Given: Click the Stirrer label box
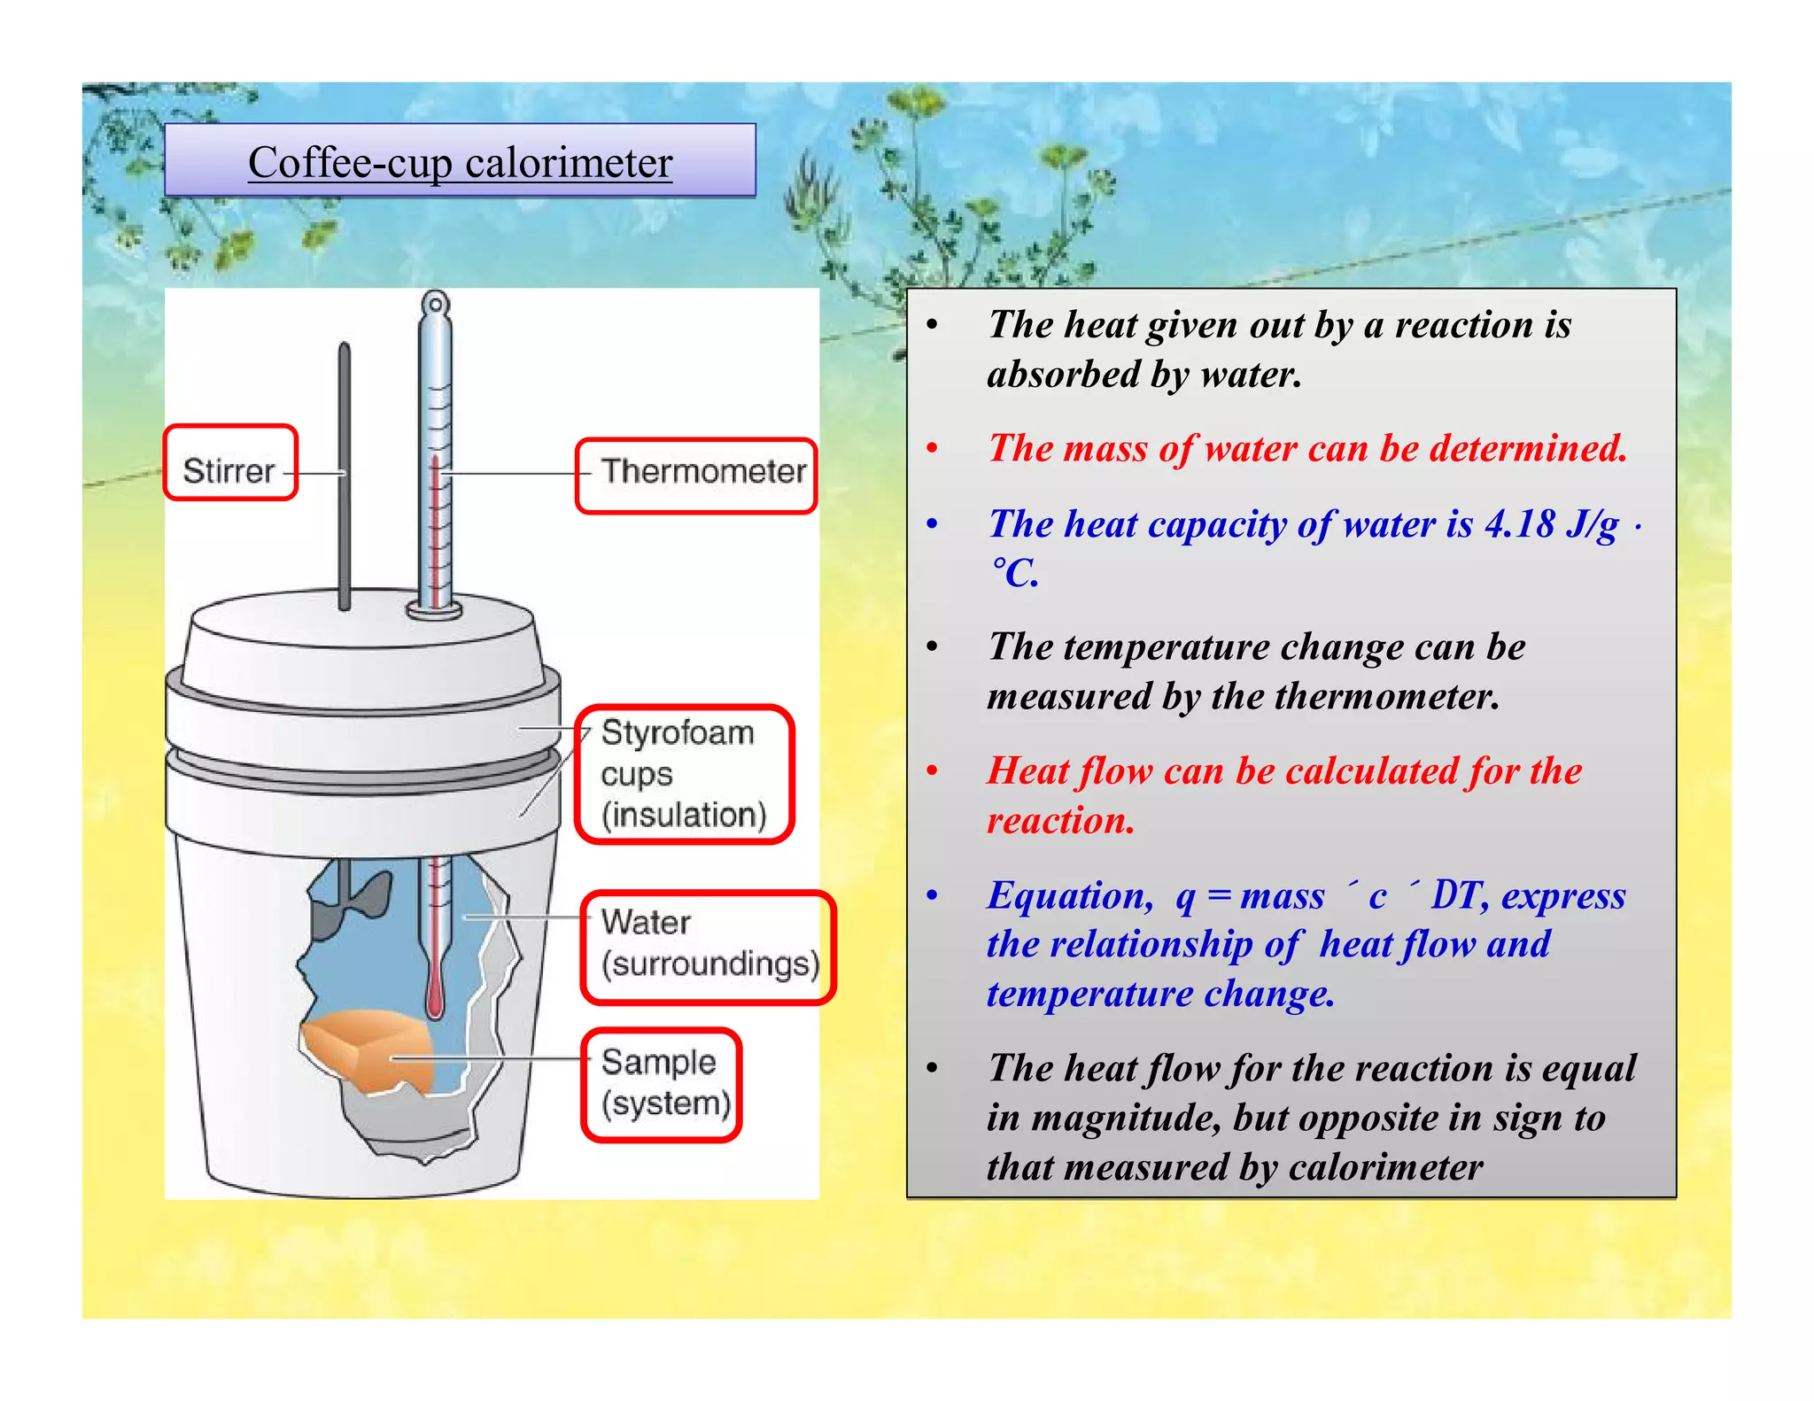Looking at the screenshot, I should point(230,463).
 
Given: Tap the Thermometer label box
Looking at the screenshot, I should point(696,476).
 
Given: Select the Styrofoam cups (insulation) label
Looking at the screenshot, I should point(684,774).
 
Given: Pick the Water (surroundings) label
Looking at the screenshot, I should point(709,947).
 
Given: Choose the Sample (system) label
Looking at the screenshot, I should point(662,1084).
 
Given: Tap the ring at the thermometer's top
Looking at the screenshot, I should point(435,306).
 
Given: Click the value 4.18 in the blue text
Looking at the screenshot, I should point(1519,524).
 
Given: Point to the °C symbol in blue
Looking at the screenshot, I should point(1014,574).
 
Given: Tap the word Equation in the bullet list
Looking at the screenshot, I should point(1069,895).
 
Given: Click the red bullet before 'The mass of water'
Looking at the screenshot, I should point(932,448).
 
